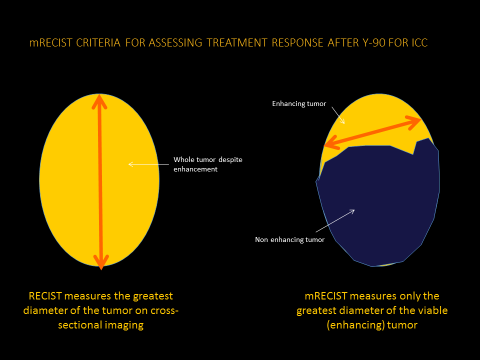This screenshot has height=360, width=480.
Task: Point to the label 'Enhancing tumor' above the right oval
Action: tap(299, 104)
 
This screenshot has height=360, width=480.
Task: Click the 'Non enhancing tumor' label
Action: tap(289, 240)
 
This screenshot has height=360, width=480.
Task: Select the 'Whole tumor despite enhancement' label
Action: tap(207, 164)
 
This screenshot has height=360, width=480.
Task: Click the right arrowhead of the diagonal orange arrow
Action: tap(415, 120)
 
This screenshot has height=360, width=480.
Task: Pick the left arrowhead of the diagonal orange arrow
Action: tap(329, 144)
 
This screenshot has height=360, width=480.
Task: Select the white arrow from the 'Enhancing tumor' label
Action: tap(338, 117)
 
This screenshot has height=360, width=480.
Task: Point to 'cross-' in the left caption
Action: tap(161, 311)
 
